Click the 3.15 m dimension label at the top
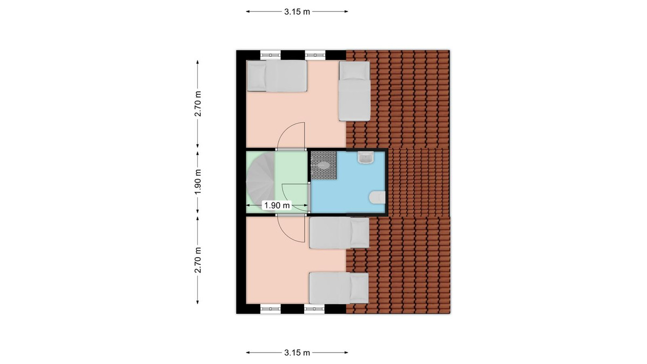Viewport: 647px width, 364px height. pos(297,12)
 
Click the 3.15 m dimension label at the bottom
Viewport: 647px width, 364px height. pos(297,353)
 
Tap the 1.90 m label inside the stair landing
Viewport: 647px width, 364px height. pos(277,205)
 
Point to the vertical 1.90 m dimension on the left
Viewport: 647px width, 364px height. pos(198,182)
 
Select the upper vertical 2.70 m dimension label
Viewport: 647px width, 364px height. pos(198,104)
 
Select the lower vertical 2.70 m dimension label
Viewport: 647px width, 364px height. pos(198,260)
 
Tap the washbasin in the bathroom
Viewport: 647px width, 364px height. pos(366,157)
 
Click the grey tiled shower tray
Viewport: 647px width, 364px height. pos(323,165)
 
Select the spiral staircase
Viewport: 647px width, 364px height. pos(260,182)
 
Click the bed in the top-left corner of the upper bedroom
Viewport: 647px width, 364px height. pos(277,76)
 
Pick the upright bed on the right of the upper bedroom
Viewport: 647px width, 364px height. pos(354,91)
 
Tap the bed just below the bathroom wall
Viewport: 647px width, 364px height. pos(339,233)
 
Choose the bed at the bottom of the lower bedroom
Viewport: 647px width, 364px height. pos(339,288)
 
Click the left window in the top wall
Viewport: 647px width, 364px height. pos(270,55)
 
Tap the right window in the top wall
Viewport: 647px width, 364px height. pos(315,55)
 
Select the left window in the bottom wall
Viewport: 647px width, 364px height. pos(270,309)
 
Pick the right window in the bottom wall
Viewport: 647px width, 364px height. pos(314,309)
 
